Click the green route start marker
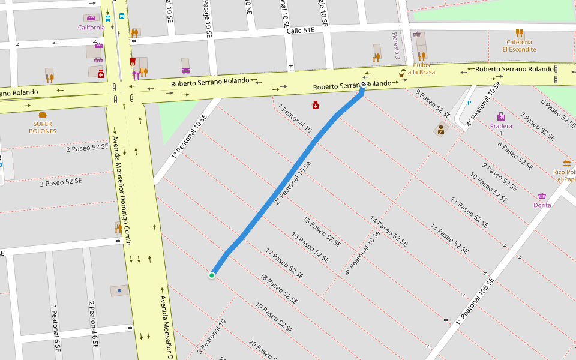tap(212, 275)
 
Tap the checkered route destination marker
tap(364, 85)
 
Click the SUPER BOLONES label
tap(43, 127)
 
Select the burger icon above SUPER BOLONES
tap(43, 115)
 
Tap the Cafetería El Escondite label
tap(520, 46)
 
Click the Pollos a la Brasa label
tap(421, 68)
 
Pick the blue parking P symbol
tap(469, 103)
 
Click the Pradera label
tap(501, 127)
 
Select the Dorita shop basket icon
tap(542, 196)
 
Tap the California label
tap(91, 27)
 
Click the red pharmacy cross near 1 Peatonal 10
tap(316, 106)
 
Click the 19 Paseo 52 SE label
tap(274, 318)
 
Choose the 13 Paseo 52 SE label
tap(449, 238)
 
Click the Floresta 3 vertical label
tap(396, 46)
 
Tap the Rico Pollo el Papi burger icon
tap(567, 163)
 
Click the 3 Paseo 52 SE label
tap(61, 182)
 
